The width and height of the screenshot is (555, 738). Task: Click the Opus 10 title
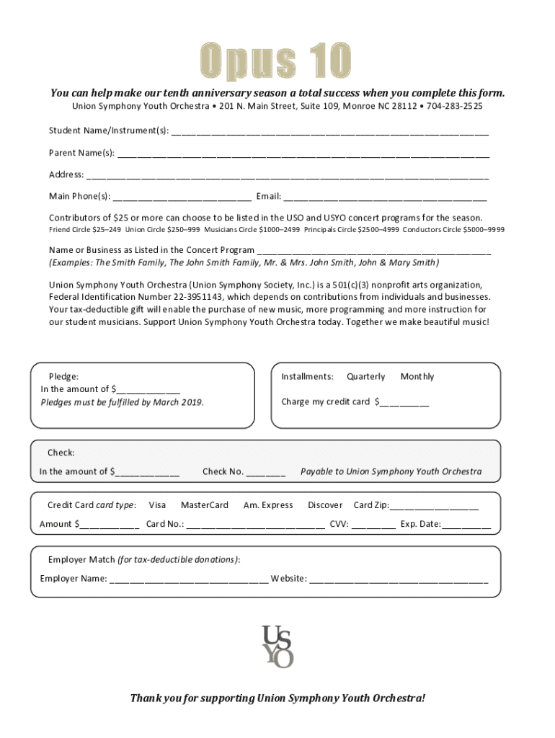tap(276, 61)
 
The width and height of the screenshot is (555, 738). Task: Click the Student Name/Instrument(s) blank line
tap(330, 133)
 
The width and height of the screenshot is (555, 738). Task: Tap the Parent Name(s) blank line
tap(303, 154)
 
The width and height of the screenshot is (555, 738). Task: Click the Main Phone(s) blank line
tap(182, 197)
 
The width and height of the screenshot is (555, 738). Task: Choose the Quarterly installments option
tap(365, 377)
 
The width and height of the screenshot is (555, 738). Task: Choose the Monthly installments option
tap(417, 377)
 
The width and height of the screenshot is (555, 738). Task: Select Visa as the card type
tap(157, 505)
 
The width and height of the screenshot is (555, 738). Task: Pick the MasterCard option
tap(205, 505)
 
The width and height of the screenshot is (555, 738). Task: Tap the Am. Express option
tap(268, 505)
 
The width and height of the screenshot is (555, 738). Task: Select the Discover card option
tap(325, 505)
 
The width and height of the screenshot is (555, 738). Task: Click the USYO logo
tap(277, 646)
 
